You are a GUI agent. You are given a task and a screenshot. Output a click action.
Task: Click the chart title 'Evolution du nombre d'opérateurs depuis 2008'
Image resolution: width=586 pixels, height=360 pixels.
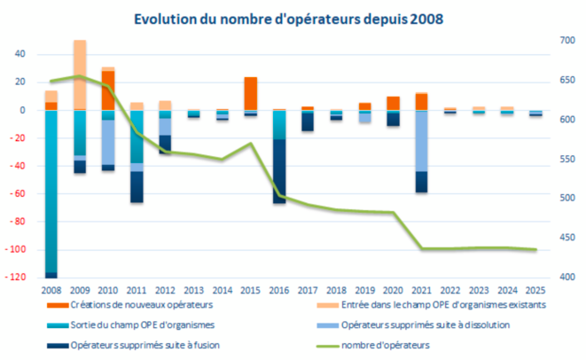coord(293,19)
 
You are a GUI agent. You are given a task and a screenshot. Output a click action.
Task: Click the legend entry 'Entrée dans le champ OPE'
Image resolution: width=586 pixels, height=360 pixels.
coord(430,304)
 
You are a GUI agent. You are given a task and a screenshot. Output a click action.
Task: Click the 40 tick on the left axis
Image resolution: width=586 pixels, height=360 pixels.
coord(21,54)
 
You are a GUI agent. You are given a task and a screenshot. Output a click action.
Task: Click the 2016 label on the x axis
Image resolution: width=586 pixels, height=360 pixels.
coord(278,289)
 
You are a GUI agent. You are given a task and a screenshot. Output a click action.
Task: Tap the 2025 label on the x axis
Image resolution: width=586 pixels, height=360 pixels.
coord(535,289)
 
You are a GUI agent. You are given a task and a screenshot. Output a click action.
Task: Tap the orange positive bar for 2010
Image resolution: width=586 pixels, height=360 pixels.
coord(108,90)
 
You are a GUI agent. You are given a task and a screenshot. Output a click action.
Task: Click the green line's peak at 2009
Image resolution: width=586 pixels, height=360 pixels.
coord(80,76)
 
